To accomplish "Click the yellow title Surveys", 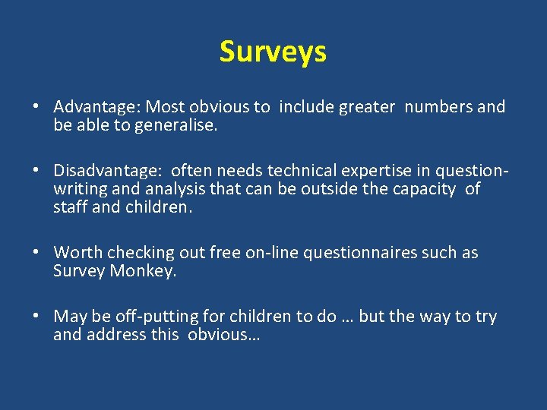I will [273, 52].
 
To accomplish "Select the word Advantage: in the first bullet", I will [98, 107].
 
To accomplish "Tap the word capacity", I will [425, 188].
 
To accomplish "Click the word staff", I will [70, 207].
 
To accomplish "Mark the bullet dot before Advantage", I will [36, 107].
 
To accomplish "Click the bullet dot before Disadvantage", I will [36, 170].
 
